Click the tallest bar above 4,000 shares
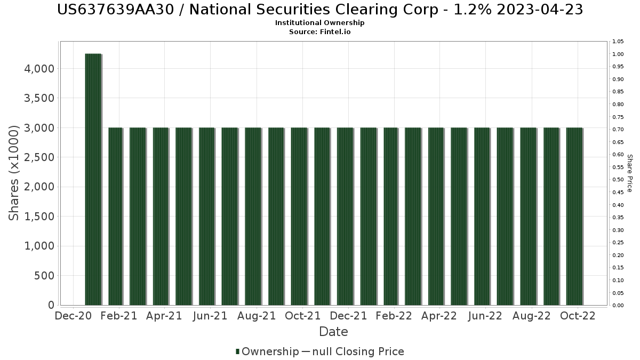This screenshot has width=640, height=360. click(93, 179)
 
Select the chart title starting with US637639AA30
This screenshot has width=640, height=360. click(319, 10)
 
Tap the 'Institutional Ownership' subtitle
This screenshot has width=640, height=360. click(319, 23)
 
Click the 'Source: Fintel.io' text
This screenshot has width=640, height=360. click(319, 31)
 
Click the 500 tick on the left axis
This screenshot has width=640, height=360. click(43, 276)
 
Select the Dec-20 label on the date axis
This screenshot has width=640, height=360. click(73, 316)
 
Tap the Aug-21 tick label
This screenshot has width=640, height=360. click(257, 316)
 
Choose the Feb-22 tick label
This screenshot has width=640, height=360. click(394, 316)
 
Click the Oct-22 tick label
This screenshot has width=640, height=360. click(577, 316)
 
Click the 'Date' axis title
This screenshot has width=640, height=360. click(333, 332)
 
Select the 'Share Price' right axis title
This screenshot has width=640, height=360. click(629, 173)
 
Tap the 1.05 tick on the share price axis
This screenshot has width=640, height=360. click(618, 42)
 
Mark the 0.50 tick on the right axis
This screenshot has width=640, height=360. click(618, 180)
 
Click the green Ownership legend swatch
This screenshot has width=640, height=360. click(237, 351)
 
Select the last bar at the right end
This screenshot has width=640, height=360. click(574, 216)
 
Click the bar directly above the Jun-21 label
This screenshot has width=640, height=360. click(207, 216)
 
